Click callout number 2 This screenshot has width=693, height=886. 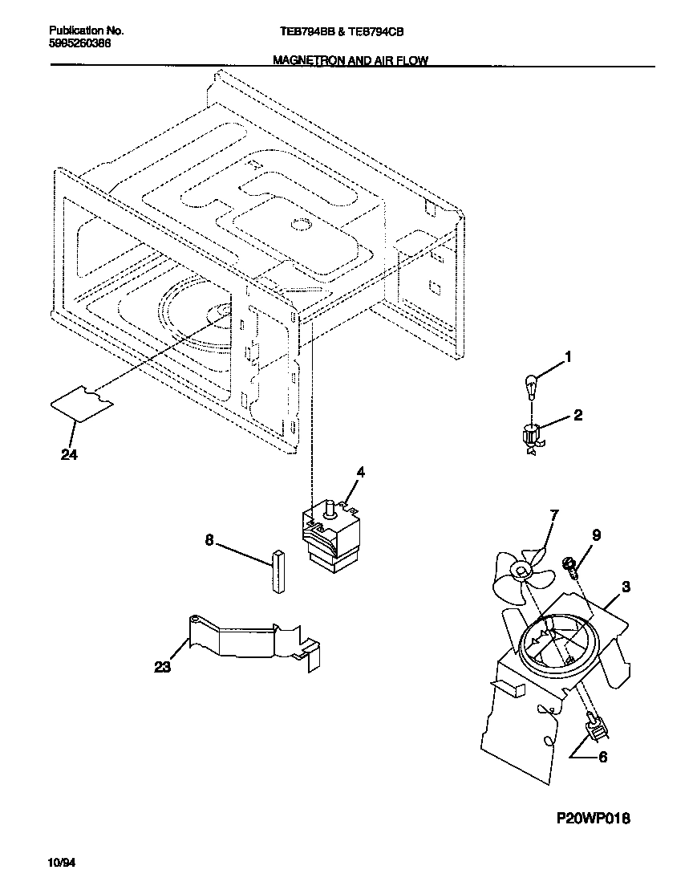(577, 416)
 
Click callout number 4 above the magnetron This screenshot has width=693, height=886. (360, 473)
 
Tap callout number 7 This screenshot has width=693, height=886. (553, 514)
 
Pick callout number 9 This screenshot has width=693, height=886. (596, 535)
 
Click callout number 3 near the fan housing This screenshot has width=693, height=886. (626, 587)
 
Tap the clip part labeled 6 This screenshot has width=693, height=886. (596, 728)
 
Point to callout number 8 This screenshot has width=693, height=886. (209, 541)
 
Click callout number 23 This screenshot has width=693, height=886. (162, 666)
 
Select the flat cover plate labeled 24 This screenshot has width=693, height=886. (82, 401)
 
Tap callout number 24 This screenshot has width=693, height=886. (69, 454)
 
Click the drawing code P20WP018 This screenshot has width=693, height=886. (594, 819)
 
